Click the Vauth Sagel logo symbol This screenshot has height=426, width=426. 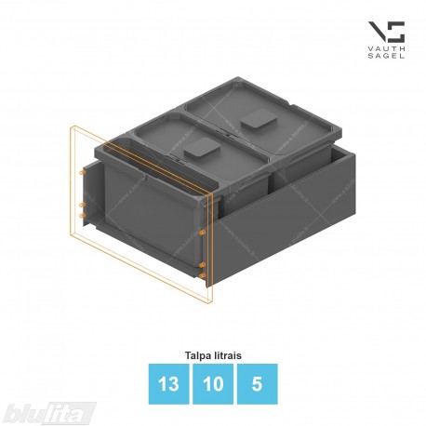click(386, 32)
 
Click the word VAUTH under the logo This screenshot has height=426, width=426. click(386, 49)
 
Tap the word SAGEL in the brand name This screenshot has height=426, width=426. click(386, 56)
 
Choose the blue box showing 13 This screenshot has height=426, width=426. click(168, 384)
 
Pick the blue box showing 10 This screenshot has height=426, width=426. click(213, 384)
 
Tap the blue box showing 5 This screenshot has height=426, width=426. click(257, 384)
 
